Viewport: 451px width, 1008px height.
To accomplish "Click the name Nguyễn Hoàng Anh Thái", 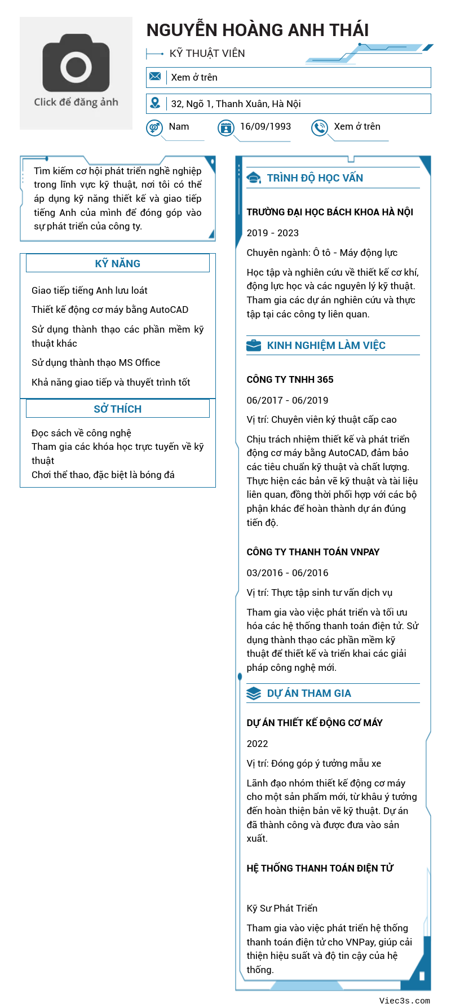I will (258, 30).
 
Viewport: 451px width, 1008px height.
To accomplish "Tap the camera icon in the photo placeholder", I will (76, 63).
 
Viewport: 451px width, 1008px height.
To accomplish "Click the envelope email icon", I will (155, 77).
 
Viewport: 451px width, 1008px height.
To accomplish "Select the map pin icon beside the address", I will (155, 103).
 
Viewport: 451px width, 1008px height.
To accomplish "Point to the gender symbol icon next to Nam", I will (154, 128).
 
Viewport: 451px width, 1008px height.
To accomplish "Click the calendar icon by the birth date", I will (226, 128).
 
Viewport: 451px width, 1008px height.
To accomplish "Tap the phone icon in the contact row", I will (320, 128).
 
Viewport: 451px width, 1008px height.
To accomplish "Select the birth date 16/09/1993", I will (266, 126).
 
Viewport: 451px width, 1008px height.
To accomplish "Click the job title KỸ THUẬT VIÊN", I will (207, 54).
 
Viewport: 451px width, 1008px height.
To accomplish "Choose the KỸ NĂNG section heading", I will (117, 263).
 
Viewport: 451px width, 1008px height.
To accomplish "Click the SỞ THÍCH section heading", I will (117, 409).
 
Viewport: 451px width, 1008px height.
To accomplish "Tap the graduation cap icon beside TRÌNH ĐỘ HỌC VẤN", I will (254, 178).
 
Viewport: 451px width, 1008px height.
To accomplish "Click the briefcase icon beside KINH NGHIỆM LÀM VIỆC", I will (254, 346).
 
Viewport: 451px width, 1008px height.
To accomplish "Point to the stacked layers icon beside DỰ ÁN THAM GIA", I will (254, 693).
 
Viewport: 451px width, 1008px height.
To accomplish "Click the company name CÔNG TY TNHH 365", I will (290, 379).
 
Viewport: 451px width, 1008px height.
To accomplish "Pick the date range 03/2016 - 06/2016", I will (288, 573).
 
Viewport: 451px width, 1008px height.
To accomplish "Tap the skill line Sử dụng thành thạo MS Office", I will (96, 362).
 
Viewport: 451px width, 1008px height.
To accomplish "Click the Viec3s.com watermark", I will (404, 1001).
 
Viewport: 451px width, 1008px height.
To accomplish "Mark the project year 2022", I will (258, 744).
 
